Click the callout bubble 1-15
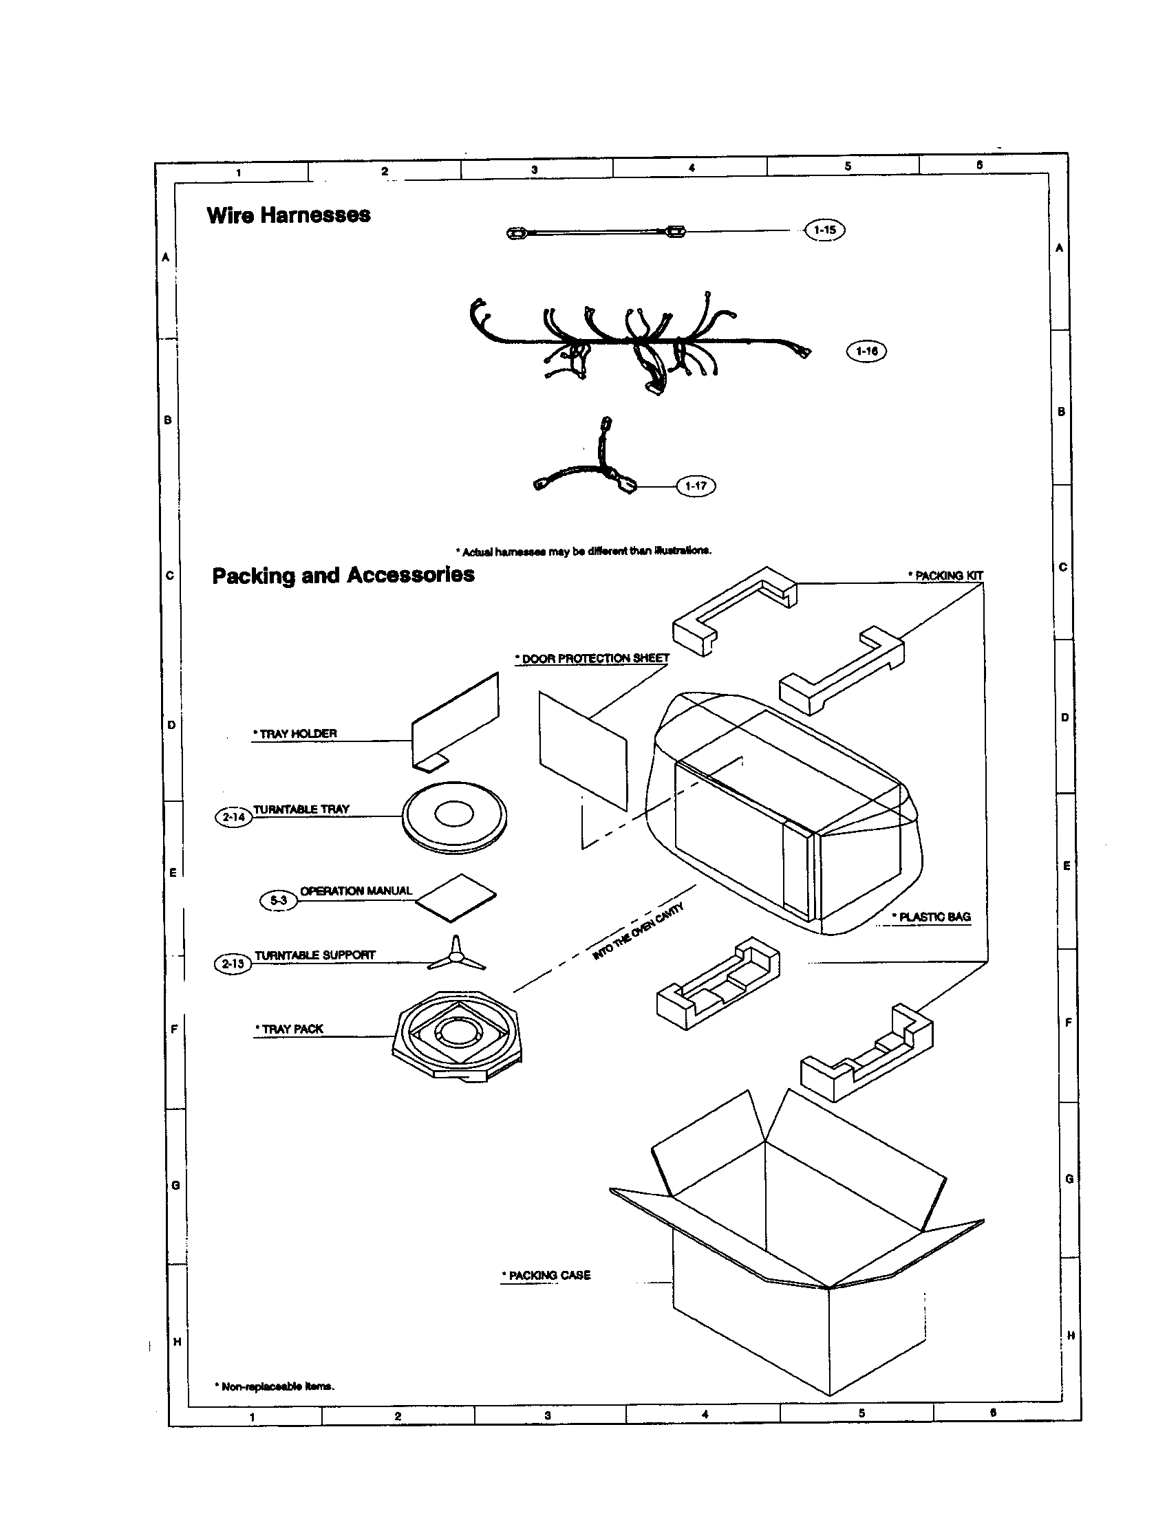pyautogui.click(x=824, y=230)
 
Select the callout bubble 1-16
pyautogui.click(x=866, y=351)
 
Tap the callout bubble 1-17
pyautogui.click(x=696, y=486)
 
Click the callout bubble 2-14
pyautogui.click(x=233, y=818)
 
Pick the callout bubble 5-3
pyautogui.click(x=278, y=900)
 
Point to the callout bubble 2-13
pyautogui.click(x=233, y=964)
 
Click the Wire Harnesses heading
pyautogui.click(x=288, y=215)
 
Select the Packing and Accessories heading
pyautogui.click(x=343, y=575)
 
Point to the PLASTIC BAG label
pyautogui.click(x=933, y=917)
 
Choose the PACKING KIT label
pyautogui.click(x=947, y=576)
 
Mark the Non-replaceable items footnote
pyautogui.click(x=276, y=1386)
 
